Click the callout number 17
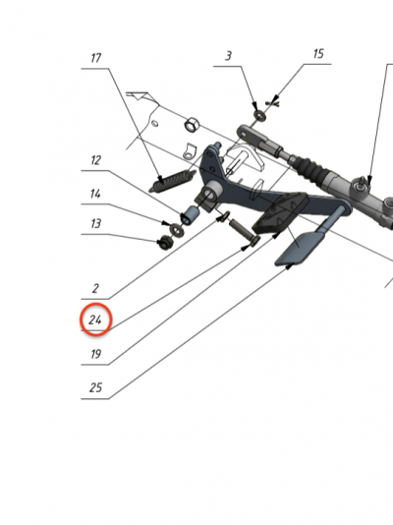tap(95, 58)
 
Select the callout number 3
tap(228, 56)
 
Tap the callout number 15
tap(318, 53)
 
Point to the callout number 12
tap(95, 160)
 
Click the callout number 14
tap(95, 194)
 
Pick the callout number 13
tap(95, 223)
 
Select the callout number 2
tap(95, 288)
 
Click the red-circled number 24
tap(95, 321)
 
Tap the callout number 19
tap(95, 354)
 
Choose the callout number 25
tap(95, 387)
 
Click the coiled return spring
tap(172, 181)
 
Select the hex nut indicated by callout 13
tap(164, 242)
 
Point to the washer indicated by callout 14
tap(176, 230)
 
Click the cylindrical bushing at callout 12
tap(190, 215)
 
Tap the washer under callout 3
tap(260, 116)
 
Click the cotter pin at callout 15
tap(273, 103)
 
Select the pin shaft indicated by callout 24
tap(245, 231)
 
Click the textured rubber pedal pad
tap(280, 213)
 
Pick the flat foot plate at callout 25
tap(299, 249)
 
